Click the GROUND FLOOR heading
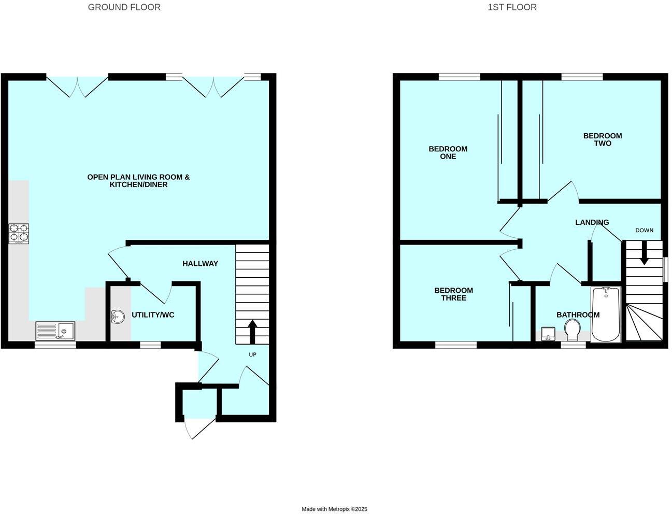click(x=124, y=7)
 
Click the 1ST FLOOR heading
click(x=512, y=7)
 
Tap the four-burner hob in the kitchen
click(x=19, y=233)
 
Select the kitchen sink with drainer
click(x=55, y=331)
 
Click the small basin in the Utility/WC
click(x=118, y=317)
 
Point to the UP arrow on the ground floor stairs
click(x=252, y=332)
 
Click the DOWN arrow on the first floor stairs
click(x=644, y=254)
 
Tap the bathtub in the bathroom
click(x=606, y=315)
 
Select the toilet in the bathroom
click(x=573, y=330)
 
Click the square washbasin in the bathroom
click(x=548, y=333)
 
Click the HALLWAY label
click(x=200, y=263)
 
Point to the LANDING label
click(x=592, y=222)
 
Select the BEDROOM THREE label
click(x=453, y=294)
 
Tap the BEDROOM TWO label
click(x=602, y=139)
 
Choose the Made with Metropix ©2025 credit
click(x=334, y=509)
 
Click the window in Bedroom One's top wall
click(x=459, y=77)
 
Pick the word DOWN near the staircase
click(x=644, y=230)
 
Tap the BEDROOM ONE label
click(x=448, y=152)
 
